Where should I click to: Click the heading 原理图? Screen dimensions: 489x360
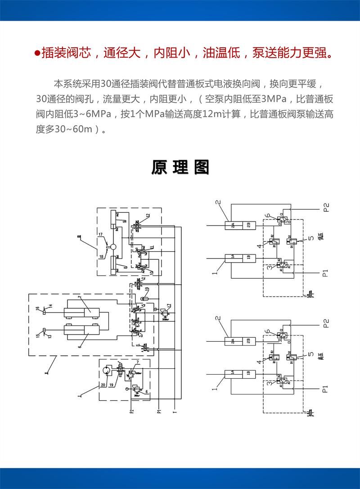click(180, 167)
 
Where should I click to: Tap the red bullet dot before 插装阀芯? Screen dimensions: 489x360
click(37, 54)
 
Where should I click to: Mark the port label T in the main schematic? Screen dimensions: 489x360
click(174, 410)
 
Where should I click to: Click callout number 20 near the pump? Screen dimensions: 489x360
click(103, 385)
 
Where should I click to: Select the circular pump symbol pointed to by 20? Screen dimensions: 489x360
click(107, 371)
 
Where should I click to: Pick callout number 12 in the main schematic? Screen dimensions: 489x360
click(148, 215)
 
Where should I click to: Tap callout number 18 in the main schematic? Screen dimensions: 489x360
click(101, 257)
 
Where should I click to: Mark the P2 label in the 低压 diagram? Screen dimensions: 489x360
click(326, 208)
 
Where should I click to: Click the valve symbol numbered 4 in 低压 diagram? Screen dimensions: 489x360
click(273, 241)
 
